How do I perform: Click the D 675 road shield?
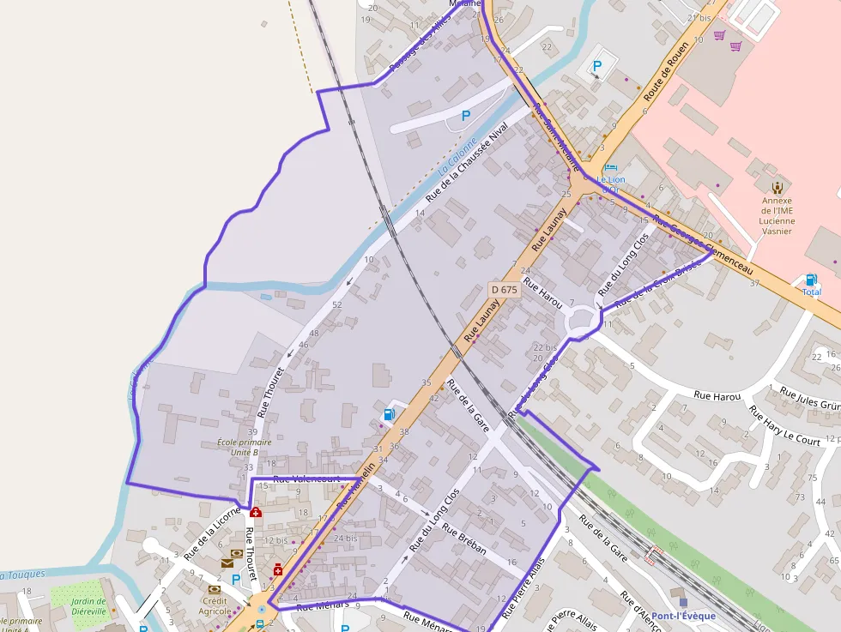coord(504,290)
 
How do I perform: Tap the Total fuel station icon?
coord(811,280)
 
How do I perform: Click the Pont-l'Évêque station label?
coord(683,617)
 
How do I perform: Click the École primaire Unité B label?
coord(245,447)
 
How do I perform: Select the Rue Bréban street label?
coord(464,539)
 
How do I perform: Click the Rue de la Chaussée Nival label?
coord(467,161)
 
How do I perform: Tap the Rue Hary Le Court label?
coord(784,426)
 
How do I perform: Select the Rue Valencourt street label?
coord(306,479)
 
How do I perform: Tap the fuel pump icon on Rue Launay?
coord(389,415)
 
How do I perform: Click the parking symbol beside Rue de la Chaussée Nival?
coord(466,115)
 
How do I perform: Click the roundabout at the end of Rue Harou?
coord(584,319)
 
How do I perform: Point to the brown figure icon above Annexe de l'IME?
coord(777,186)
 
